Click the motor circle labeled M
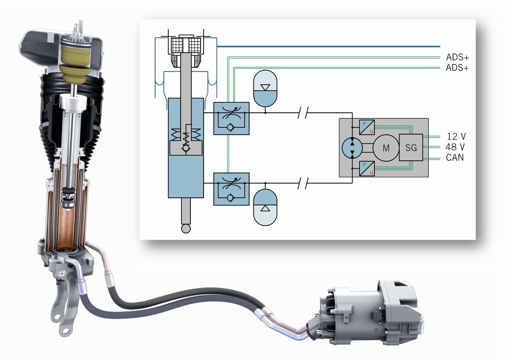[386, 148]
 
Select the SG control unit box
[411, 147]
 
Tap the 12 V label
[456, 136]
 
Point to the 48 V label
[455, 147]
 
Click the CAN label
[455, 157]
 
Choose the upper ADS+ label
[457, 57]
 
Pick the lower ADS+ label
[457, 68]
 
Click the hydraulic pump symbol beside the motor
[352, 148]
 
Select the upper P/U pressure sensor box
[367, 127]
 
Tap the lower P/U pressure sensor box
[367, 168]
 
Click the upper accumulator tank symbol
[265, 88]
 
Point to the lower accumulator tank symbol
[265, 207]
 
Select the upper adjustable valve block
[231, 118]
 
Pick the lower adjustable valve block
[231, 189]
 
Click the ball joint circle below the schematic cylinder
[186, 229]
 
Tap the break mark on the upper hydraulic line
[303, 113]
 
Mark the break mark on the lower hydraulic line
[303, 183]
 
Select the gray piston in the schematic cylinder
[186, 148]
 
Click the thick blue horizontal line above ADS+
[328, 46]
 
